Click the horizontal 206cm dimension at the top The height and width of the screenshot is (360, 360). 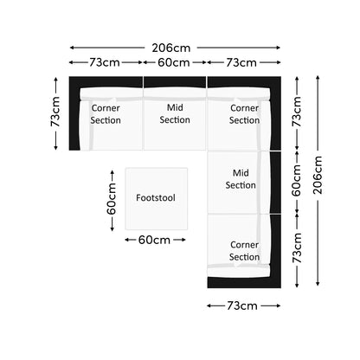coord(171,48)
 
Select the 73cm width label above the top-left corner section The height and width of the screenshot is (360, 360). coord(105,62)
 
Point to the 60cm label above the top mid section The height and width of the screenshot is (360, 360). coord(174,62)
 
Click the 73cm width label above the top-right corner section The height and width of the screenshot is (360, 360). coord(241,62)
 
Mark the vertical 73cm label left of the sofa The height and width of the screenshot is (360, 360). coord(55,112)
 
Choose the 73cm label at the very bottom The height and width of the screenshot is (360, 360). coord(242,305)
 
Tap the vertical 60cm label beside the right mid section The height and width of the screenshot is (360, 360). coord(297,181)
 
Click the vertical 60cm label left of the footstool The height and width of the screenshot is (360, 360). coord(112,199)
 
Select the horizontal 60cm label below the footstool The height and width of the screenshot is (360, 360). coord(154,240)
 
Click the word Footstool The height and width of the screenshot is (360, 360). coord(156,198)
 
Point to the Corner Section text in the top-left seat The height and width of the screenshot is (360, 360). coord(106,114)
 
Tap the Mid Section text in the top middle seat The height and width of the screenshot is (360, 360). coord(175,113)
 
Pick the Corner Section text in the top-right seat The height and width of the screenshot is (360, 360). coord(244,114)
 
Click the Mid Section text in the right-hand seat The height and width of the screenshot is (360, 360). coord(241,179)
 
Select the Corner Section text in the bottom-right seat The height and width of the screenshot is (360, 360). coord(244,251)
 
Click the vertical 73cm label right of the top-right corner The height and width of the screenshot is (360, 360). coord(297,112)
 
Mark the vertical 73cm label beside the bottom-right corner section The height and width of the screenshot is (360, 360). coord(297,248)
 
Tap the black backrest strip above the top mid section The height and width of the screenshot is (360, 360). coord(175,82)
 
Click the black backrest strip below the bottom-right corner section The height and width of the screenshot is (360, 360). coord(244,282)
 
